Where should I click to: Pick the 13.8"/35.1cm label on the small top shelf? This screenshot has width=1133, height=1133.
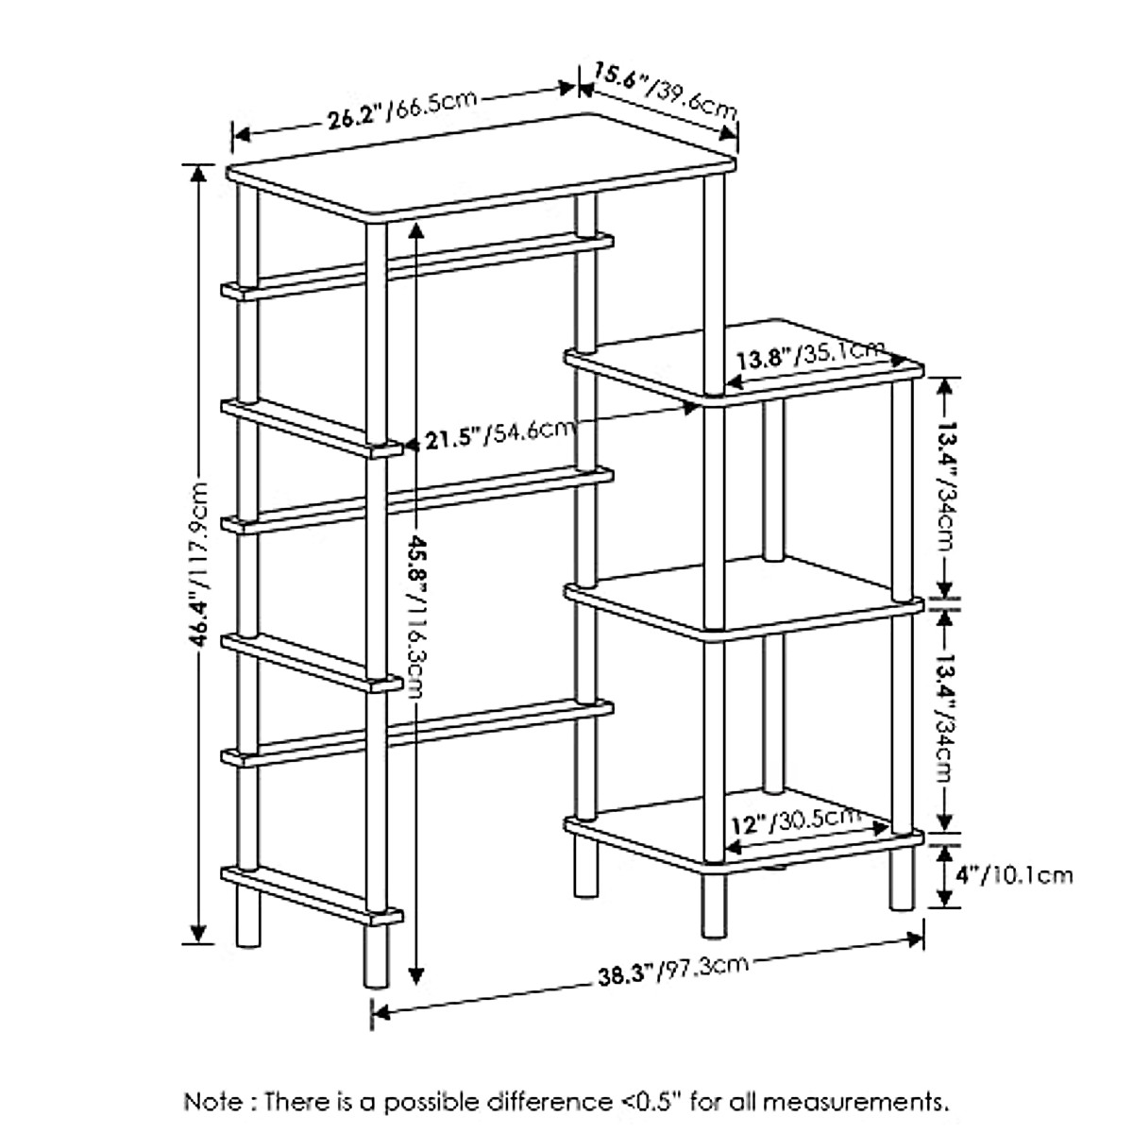(x=811, y=355)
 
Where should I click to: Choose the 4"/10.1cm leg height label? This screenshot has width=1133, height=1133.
(x=1013, y=874)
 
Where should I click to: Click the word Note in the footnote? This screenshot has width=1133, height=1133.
(x=214, y=1101)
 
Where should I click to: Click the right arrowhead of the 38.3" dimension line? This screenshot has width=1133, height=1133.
(x=915, y=939)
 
